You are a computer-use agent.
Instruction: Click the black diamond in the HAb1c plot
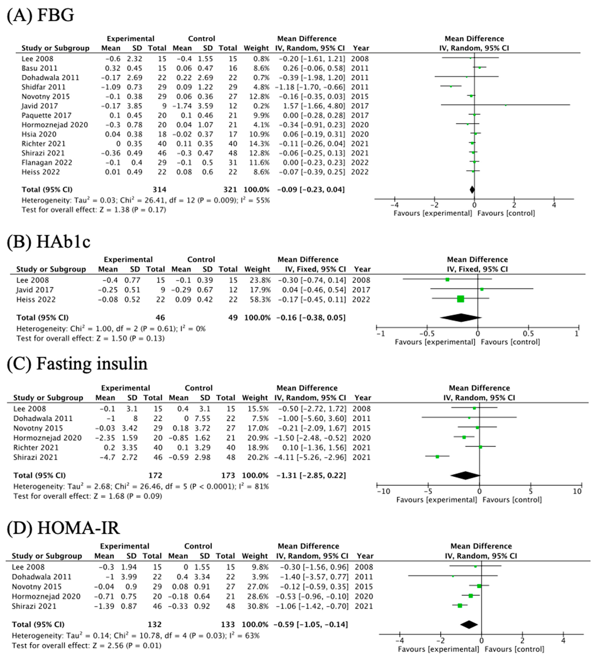(x=460, y=317)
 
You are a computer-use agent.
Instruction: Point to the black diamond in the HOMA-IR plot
(x=469, y=625)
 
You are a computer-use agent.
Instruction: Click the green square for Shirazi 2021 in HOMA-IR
(x=460, y=606)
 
